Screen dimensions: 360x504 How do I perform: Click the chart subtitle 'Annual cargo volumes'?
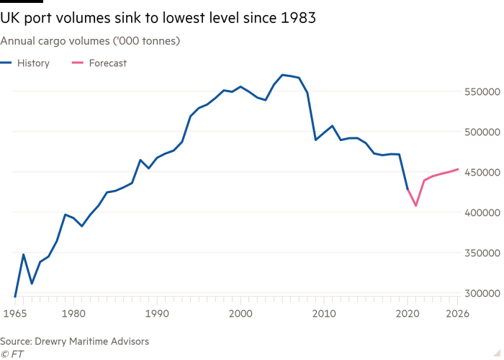point(90,41)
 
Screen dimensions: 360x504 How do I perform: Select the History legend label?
point(33,63)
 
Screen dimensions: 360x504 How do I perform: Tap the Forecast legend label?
point(107,63)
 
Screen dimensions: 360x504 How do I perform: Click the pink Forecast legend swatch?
point(77,63)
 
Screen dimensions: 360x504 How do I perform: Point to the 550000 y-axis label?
point(481,93)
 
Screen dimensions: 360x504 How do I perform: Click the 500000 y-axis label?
point(481,133)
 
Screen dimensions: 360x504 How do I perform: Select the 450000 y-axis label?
point(481,174)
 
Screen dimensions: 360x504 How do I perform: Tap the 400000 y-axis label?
point(481,214)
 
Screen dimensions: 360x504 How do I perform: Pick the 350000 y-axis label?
point(481,254)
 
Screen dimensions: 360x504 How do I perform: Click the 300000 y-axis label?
point(481,294)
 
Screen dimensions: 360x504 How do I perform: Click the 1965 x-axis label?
point(14,313)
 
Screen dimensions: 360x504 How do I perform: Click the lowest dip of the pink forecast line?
point(416,205)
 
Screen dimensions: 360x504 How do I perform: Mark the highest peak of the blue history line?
point(282,74)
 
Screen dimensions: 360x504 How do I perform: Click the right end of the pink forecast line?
point(457,169)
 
